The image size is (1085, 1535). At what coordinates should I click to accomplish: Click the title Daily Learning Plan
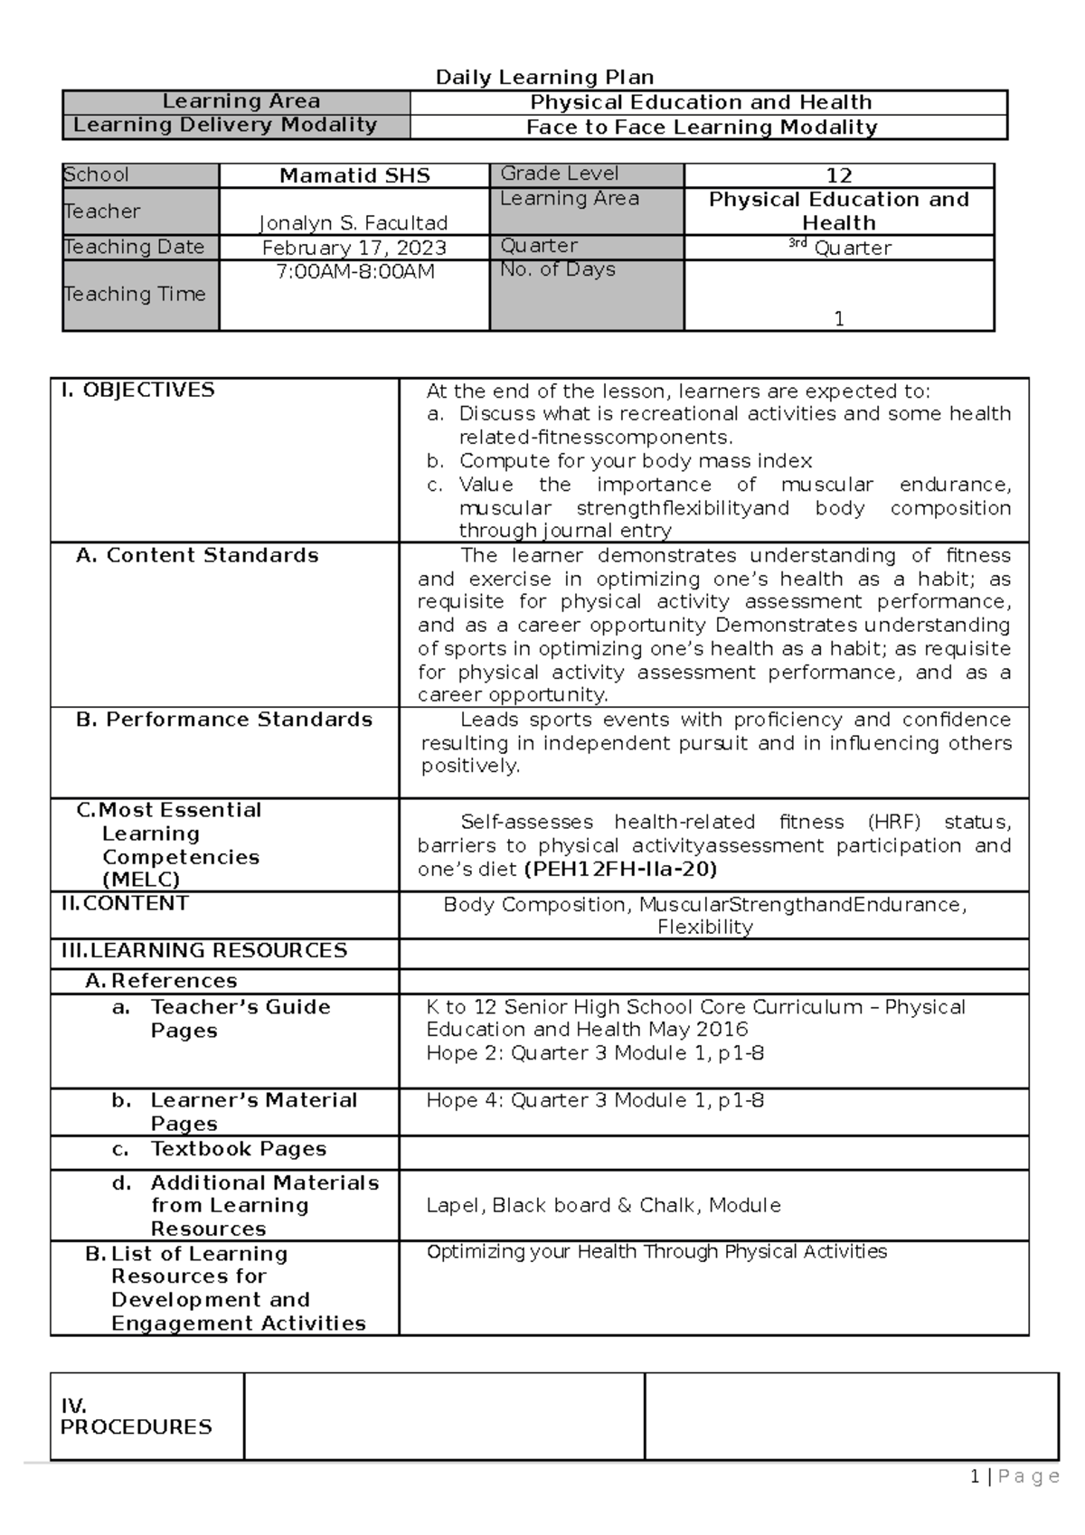[544, 78]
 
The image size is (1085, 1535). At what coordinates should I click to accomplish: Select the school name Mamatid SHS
[354, 176]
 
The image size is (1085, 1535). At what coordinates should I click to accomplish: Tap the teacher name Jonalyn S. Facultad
[354, 222]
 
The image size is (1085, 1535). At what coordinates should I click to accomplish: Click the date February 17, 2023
[354, 248]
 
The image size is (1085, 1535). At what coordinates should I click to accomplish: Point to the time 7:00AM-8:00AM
[354, 271]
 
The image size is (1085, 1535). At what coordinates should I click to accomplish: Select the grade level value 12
[838, 176]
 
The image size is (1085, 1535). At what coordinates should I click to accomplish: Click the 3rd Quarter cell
[838, 248]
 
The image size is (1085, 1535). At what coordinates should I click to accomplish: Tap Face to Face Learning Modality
[702, 127]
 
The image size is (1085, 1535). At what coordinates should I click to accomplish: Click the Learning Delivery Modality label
[225, 125]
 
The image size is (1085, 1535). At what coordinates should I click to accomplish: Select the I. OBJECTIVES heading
[137, 391]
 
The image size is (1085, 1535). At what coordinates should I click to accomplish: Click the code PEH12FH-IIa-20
[620, 870]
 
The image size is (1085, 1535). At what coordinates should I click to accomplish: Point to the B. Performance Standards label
[224, 720]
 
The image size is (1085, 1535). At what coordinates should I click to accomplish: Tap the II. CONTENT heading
[125, 903]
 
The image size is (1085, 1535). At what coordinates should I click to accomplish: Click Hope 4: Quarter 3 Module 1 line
[595, 1100]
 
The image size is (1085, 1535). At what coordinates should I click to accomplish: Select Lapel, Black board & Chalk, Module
[603, 1205]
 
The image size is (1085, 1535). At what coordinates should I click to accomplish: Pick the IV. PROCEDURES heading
[136, 1417]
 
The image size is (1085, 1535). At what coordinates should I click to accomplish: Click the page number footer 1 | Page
[1014, 1477]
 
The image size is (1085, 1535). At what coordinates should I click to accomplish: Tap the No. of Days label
[558, 269]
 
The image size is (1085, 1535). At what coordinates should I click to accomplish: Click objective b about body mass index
[635, 461]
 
